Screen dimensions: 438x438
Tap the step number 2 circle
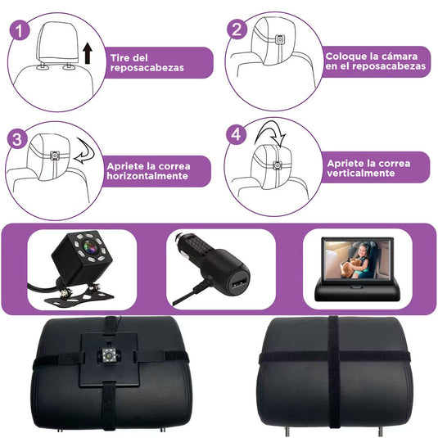click(237, 30)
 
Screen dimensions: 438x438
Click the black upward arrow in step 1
click(88, 56)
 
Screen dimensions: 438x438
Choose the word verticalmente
click(361, 174)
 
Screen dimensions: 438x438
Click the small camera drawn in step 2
click(281, 39)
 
